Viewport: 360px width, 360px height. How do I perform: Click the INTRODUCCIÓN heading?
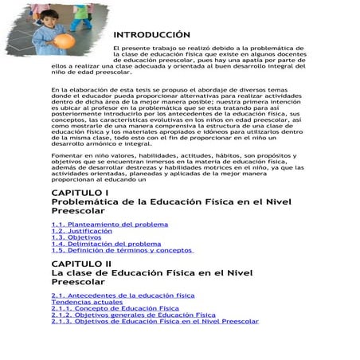(151, 35)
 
